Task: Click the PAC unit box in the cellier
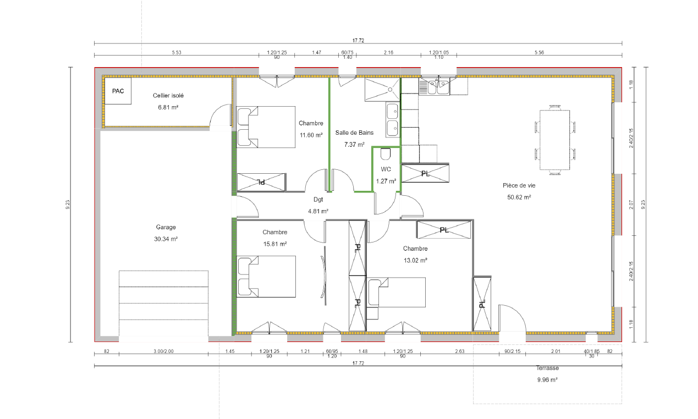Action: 118,91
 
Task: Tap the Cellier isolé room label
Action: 168,96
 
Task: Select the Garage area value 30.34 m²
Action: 166,239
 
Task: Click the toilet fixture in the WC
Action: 385,153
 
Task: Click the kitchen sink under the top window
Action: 434,86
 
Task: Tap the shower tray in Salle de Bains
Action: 382,89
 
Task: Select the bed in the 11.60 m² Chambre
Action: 258,127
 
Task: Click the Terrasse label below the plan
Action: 547,368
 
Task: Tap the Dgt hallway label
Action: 318,200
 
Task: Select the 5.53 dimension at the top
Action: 177,52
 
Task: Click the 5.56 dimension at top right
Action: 539,52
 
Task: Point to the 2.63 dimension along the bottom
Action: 460,351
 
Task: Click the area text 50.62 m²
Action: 519,197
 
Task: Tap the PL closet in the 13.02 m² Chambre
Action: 444,230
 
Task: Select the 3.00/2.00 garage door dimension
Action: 163,351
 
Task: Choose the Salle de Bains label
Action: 354,133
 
